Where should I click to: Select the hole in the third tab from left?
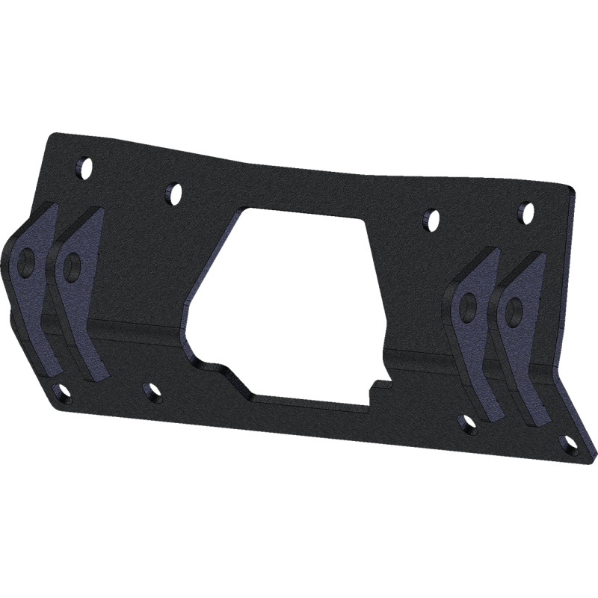[x=469, y=303]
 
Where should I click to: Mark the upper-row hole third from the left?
[x=430, y=219]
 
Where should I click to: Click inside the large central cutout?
[x=299, y=299]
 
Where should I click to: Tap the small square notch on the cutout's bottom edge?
[x=381, y=386]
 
